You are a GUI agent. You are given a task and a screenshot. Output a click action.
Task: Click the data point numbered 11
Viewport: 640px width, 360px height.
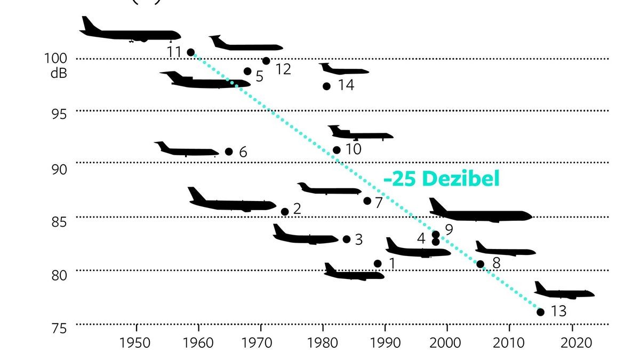[191, 52]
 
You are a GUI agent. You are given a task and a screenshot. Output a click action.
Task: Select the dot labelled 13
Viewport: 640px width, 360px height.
[540, 312]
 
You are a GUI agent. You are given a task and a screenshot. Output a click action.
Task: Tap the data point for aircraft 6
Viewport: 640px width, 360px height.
[229, 151]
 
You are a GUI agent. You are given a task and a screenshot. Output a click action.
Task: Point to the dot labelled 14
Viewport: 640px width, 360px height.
[326, 86]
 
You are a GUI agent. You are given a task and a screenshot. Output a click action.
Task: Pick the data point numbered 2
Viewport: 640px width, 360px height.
[285, 212]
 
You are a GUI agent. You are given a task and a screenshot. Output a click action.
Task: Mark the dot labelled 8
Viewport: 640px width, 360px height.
[480, 264]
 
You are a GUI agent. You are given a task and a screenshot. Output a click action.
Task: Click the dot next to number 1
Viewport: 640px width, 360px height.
[378, 263]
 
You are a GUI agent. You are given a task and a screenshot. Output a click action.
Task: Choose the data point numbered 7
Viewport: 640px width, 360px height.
[367, 201]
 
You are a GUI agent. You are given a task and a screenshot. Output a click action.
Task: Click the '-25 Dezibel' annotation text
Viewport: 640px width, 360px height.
[442, 179]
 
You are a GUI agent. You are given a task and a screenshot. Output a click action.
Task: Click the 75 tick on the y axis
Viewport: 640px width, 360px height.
[59, 329]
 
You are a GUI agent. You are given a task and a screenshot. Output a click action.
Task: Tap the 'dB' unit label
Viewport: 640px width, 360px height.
[58, 73]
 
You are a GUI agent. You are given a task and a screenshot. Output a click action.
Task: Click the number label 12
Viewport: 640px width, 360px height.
[283, 69]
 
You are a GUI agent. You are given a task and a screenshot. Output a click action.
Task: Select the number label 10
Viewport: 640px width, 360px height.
[353, 149]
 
